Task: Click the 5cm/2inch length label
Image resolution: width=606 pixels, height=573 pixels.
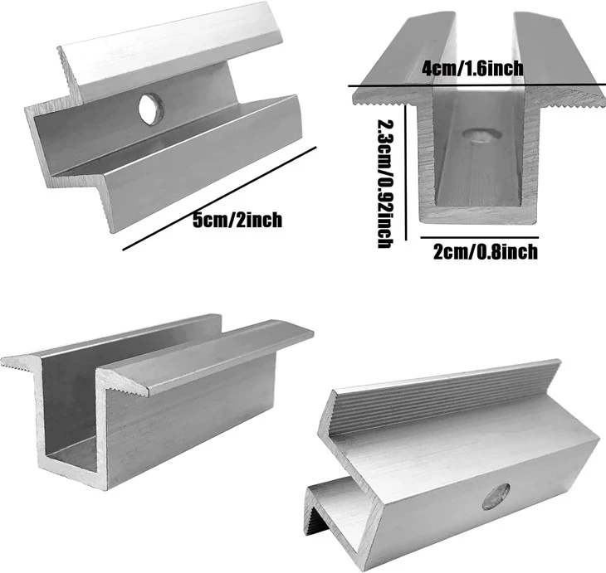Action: point(237,220)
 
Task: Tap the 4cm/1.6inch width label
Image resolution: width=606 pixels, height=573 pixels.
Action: point(472,68)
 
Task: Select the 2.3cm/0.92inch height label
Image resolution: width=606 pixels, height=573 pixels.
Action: point(385,183)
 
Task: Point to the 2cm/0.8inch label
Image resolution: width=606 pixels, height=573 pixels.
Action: point(486,252)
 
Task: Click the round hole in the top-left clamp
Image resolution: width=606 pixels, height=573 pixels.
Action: point(151,109)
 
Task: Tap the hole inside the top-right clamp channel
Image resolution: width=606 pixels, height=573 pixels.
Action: point(481,136)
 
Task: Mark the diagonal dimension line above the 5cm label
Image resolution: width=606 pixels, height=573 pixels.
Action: point(219,198)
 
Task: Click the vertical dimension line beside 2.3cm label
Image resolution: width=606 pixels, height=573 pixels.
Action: point(405,172)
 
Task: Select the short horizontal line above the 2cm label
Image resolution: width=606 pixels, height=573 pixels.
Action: point(479,237)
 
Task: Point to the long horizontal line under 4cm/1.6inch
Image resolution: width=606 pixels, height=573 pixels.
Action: point(477,85)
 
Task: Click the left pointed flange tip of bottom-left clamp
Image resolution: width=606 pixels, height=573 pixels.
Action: point(4,362)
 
